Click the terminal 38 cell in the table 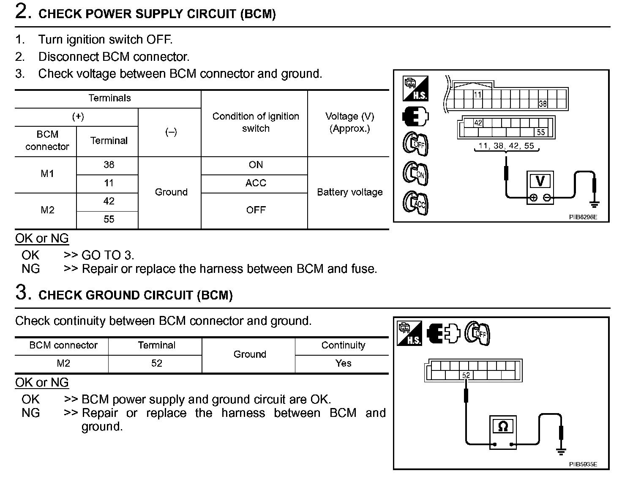[109, 165]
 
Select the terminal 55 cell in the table [109, 219]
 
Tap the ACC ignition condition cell [256, 183]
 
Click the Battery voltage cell [349, 192]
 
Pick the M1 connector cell [47, 174]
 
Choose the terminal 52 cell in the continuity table [156, 363]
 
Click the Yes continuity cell [343, 363]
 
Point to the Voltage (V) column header [349, 122]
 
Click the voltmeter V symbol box [540, 181]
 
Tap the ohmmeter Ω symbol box [503, 427]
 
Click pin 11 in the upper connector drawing [477, 95]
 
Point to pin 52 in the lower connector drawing [466, 375]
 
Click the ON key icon [415, 174]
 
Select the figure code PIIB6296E [583, 217]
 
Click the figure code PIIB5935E [583, 464]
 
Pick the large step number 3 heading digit [22, 293]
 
